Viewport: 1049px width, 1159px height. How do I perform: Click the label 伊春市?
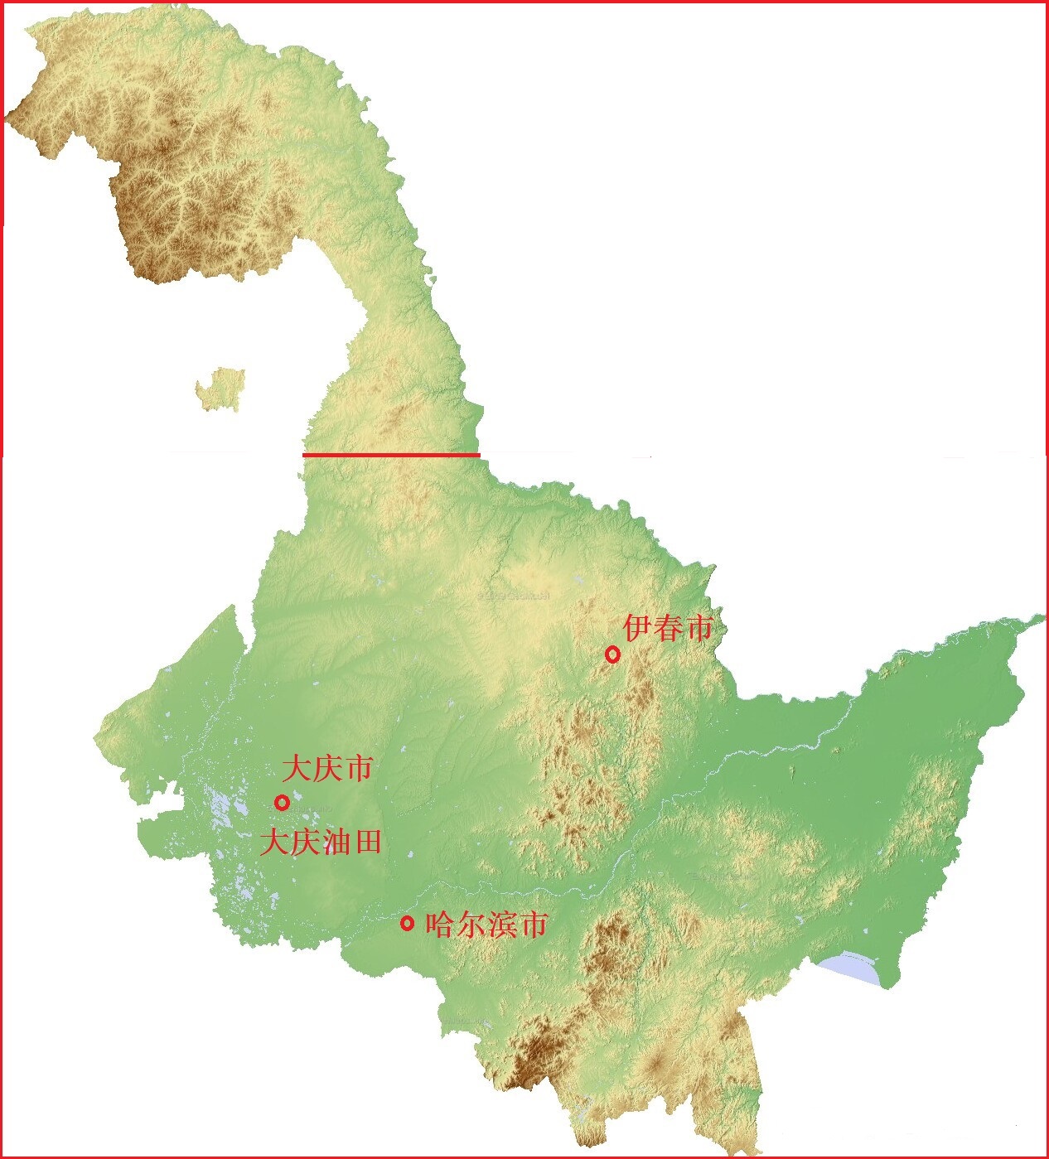pyautogui.click(x=668, y=628)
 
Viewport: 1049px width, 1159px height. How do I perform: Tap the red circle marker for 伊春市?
pyautogui.click(x=612, y=654)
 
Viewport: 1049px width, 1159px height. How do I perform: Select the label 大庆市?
pyautogui.click(x=327, y=768)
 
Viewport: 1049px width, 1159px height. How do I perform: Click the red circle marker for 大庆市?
pyautogui.click(x=282, y=802)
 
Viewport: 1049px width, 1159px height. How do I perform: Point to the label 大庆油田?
pyautogui.click(x=321, y=843)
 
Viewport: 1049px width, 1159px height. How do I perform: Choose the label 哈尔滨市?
pyautogui.click(x=486, y=924)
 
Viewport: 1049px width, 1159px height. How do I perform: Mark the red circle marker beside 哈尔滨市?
pyautogui.click(x=407, y=923)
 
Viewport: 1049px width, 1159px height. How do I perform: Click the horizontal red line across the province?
pyautogui.click(x=391, y=455)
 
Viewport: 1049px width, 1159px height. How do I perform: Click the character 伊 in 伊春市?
pyautogui.click(x=638, y=628)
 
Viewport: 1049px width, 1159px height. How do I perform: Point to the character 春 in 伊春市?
pyautogui.click(x=668, y=628)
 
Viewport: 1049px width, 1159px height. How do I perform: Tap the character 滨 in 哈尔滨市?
pyautogui.click(x=502, y=924)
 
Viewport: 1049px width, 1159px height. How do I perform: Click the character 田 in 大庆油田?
pyautogui.click(x=367, y=843)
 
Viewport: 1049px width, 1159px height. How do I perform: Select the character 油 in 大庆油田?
pyautogui.click(x=336, y=843)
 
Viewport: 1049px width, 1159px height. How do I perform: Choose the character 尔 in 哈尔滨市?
pyautogui.click(x=471, y=924)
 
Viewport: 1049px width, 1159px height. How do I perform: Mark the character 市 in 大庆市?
pyautogui.click(x=358, y=768)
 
